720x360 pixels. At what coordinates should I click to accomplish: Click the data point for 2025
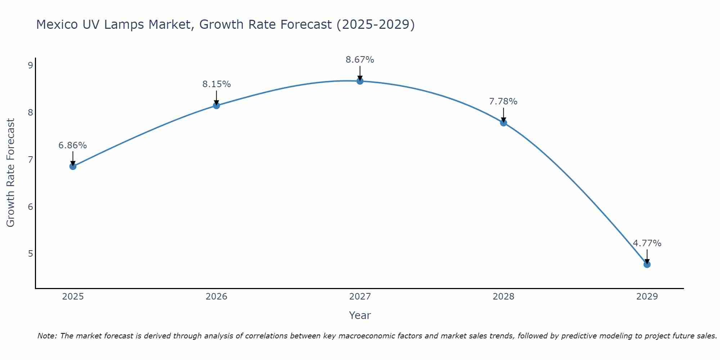point(73,166)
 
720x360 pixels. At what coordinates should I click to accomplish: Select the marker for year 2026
point(216,105)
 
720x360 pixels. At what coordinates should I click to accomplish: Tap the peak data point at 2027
point(360,81)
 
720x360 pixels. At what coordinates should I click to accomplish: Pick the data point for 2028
point(503,123)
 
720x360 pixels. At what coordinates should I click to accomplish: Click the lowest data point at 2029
point(647,265)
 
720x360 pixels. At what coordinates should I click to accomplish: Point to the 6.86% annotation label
point(73,145)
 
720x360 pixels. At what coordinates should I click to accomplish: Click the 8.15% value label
point(216,84)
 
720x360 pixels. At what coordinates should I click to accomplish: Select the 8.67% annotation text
point(360,60)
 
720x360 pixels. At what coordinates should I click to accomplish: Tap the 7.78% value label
point(503,102)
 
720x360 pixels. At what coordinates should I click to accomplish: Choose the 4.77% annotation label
point(647,243)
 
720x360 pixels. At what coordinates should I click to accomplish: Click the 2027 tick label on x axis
point(360,297)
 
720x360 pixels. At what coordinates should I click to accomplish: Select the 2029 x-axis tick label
point(647,297)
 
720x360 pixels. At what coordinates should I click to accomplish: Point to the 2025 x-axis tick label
point(73,297)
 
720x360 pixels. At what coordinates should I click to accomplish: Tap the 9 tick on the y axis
point(30,65)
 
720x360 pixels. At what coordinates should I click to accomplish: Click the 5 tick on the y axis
point(30,254)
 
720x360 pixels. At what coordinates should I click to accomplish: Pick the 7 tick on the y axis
point(30,159)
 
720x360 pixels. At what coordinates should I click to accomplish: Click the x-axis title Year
point(360,315)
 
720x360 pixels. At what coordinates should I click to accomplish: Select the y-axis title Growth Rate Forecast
point(11,173)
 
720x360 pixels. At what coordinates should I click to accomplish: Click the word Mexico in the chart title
point(57,24)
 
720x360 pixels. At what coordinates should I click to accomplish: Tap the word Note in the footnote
point(47,336)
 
